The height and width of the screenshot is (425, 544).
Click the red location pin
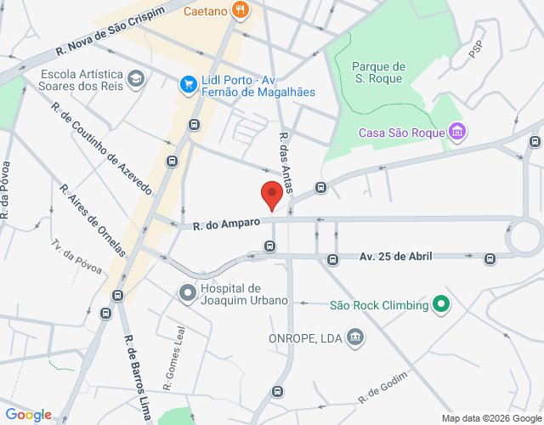[271, 195]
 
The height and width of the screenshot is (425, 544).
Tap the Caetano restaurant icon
[241, 11]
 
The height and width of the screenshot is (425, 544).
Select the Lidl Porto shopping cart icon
[188, 84]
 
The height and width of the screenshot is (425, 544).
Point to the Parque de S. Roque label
[378, 73]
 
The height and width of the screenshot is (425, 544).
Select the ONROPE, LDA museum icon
[356, 337]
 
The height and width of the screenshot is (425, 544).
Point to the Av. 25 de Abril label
[396, 256]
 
